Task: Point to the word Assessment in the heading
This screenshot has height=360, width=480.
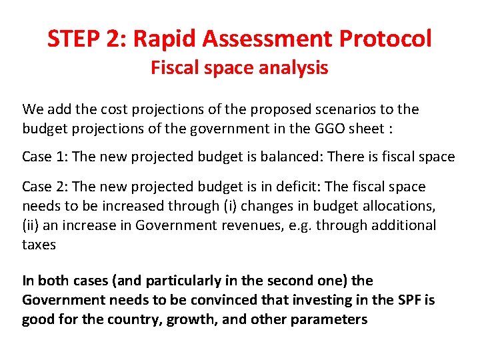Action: (x=269, y=39)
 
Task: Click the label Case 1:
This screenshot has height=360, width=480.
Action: (x=43, y=157)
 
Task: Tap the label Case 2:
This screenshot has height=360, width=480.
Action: (x=43, y=187)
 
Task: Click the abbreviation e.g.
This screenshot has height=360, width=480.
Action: (x=299, y=225)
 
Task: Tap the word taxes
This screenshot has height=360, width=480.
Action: (x=39, y=245)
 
